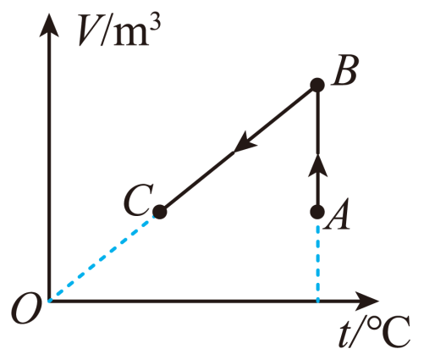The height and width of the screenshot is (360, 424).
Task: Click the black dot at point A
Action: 317,212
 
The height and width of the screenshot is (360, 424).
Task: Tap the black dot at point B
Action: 317,85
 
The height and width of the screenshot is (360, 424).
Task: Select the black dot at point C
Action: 160,212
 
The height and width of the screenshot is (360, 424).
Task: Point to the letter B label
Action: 344,69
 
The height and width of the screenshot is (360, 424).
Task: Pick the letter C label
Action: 138,200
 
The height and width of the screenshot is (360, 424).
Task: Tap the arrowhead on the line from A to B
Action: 317,166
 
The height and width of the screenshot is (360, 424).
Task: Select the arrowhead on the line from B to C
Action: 245,142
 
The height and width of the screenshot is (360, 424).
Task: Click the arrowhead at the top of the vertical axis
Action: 49,25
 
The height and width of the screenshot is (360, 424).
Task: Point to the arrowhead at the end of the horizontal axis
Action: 366,302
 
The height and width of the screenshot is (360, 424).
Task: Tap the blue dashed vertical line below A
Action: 318,263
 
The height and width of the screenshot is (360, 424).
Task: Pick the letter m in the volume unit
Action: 131,36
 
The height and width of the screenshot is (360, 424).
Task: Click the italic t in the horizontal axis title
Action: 344,334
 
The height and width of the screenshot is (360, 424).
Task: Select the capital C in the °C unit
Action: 395,334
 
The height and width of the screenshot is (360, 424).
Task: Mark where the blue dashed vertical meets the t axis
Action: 318,302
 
